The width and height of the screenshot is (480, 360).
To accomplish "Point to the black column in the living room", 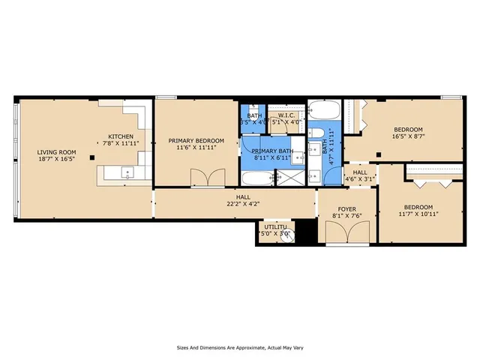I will pos(91,157).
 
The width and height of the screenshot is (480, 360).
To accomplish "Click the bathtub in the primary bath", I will pos(256,178).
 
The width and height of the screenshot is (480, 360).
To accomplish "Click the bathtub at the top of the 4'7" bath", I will pos(326,112).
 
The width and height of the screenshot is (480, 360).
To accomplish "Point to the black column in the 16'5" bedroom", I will pos(379,154).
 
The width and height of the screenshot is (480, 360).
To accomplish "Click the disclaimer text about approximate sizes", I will pos(239,347).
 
